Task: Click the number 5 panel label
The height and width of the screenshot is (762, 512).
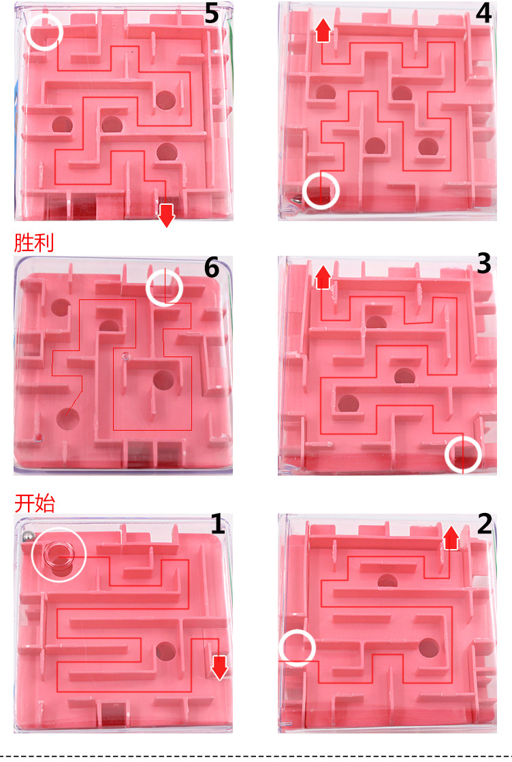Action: click(x=212, y=14)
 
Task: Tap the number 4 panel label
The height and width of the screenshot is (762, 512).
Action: click(x=483, y=14)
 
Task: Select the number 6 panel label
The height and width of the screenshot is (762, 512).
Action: click(x=212, y=268)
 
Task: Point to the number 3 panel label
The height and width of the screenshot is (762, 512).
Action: click(x=483, y=263)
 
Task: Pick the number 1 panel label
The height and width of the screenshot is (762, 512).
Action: click(x=217, y=524)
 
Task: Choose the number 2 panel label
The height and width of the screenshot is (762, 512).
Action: click(x=485, y=524)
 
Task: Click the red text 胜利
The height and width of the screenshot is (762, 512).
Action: click(x=33, y=242)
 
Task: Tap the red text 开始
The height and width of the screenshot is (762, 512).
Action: click(x=35, y=503)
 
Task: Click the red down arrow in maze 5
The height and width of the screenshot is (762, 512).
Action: click(x=167, y=215)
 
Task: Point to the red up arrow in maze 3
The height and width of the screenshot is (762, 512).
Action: click(x=323, y=278)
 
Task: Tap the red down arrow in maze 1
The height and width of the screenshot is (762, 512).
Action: click(x=220, y=667)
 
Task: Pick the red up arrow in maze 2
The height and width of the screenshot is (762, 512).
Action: click(x=451, y=537)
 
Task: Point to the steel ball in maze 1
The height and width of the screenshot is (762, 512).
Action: click(x=28, y=537)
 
